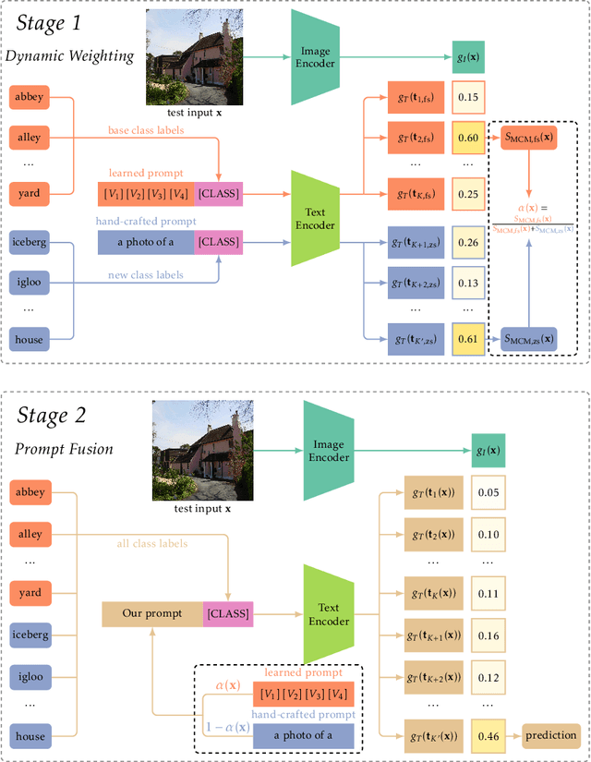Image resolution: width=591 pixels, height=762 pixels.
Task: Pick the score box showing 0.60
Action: coord(468,138)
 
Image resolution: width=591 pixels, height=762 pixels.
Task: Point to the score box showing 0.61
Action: coord(468,339)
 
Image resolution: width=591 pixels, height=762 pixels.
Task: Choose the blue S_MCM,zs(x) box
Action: coord(530,339)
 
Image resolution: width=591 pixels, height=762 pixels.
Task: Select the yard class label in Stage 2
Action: coord(30,592)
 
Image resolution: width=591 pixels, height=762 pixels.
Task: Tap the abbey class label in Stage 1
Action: coord(30,95)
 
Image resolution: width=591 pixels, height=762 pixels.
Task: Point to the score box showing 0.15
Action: coord(468,96)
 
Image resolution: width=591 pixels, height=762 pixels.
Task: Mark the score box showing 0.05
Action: coord(488,493)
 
